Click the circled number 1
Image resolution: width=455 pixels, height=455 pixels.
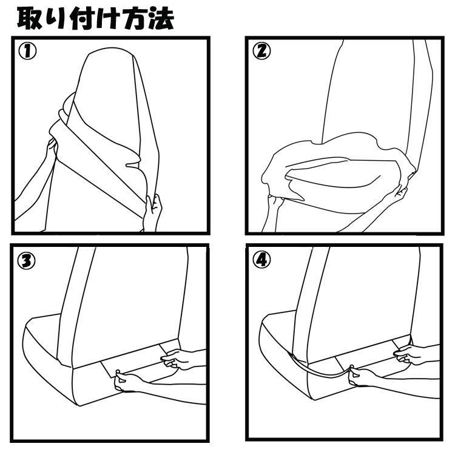click(27, 52)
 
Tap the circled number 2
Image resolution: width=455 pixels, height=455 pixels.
click(261, 52)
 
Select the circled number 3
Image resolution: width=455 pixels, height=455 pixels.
click(27, 260)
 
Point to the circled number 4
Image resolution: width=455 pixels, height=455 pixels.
click(261, 260)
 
